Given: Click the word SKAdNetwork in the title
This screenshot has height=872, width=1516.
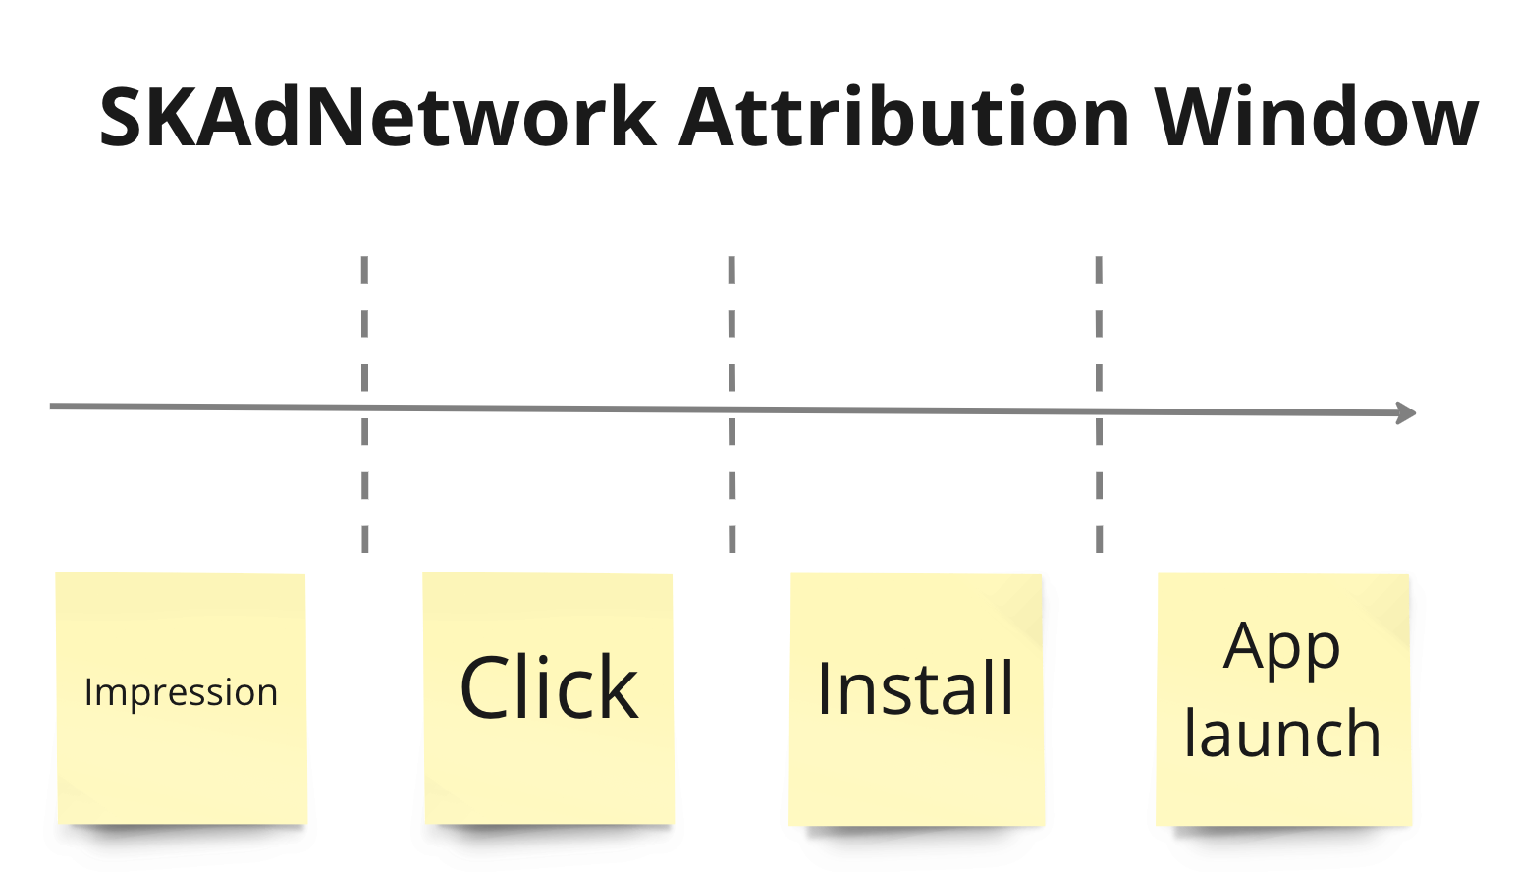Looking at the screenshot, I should (x=378, y=118).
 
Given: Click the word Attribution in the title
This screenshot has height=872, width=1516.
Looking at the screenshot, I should (x=904, y=118).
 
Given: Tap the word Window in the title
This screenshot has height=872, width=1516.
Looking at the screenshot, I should (x=1316, y=118).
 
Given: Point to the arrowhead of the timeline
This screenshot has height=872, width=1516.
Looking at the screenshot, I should (x=1408, y=413).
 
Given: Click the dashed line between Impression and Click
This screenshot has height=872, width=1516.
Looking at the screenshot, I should (x=365, y=324).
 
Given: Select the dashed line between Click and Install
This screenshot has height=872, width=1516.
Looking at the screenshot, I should (x=732, y=324).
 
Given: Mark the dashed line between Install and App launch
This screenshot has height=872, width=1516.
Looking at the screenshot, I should (x=1100, y=324).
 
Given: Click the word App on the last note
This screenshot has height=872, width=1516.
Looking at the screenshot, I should (x=1281, y=648).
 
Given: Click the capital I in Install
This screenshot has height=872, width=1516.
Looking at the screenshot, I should (x=825, y=688).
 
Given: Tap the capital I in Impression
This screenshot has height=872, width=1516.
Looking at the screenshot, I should (x=88, y=692).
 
